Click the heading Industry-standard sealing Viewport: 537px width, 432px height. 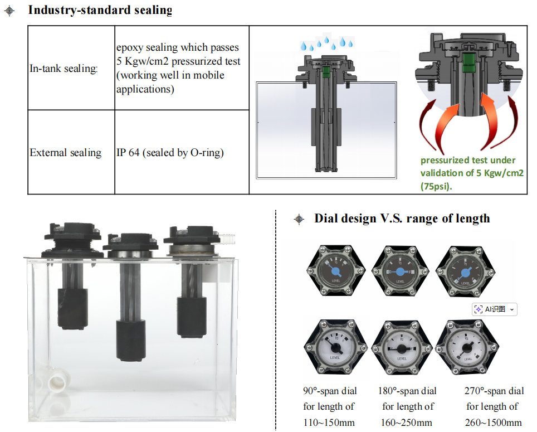coord(100,10)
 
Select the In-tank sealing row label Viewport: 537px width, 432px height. coord(64,69)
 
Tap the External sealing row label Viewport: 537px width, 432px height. coord(66,153)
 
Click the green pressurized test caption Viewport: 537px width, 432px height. coord(471,173)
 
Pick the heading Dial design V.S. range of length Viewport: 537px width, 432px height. coord(402,219)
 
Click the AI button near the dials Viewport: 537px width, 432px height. coord(494,309)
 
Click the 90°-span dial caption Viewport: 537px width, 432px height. coord(330,391)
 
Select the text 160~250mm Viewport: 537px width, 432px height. coord(407,423)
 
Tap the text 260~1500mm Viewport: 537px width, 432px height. coord(493,423)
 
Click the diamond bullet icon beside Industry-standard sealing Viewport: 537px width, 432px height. coord(9,11)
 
